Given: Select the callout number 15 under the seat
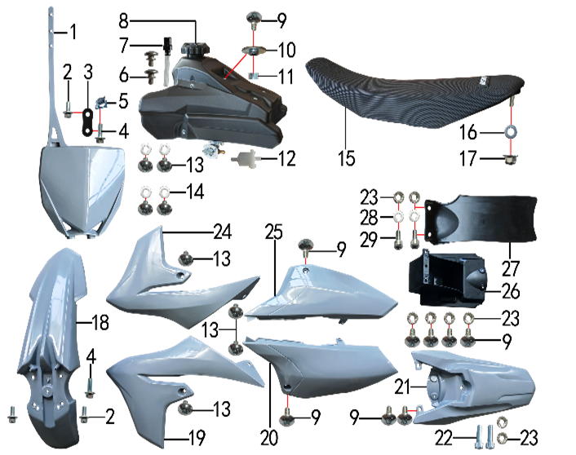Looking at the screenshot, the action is (x=347, y=159).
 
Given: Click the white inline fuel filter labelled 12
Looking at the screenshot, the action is (x=246, y=158).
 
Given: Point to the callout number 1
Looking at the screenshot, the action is (x=73, y=32).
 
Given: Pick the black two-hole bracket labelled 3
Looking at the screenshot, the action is (x=88, y=121).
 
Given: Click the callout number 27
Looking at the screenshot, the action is (x=511, y=269).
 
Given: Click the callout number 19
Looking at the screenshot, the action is (x=197, y=438).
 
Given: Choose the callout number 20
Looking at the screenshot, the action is (x=269, y=438).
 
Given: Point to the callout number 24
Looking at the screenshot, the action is (x=223, y=232).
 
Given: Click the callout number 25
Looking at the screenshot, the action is (x=274, y=232).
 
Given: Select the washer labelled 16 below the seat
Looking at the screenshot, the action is (x=511, y=131).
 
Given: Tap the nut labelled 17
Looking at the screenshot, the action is (x=510, y=159).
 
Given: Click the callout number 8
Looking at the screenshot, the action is (x=124, y=21).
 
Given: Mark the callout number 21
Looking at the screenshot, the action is (x=402, y=387).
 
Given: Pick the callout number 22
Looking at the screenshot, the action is (x=444, y=438).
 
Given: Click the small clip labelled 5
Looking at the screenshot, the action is (x=102, y=103).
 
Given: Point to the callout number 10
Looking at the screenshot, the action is (x=287, y=50).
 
